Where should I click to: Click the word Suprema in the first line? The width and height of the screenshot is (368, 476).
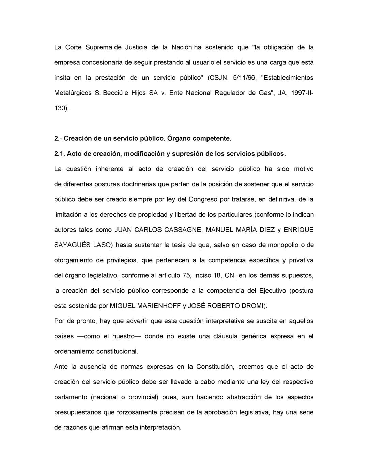99,47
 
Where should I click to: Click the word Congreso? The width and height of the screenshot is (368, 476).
203,199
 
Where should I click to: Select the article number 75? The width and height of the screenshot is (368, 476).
186,275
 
